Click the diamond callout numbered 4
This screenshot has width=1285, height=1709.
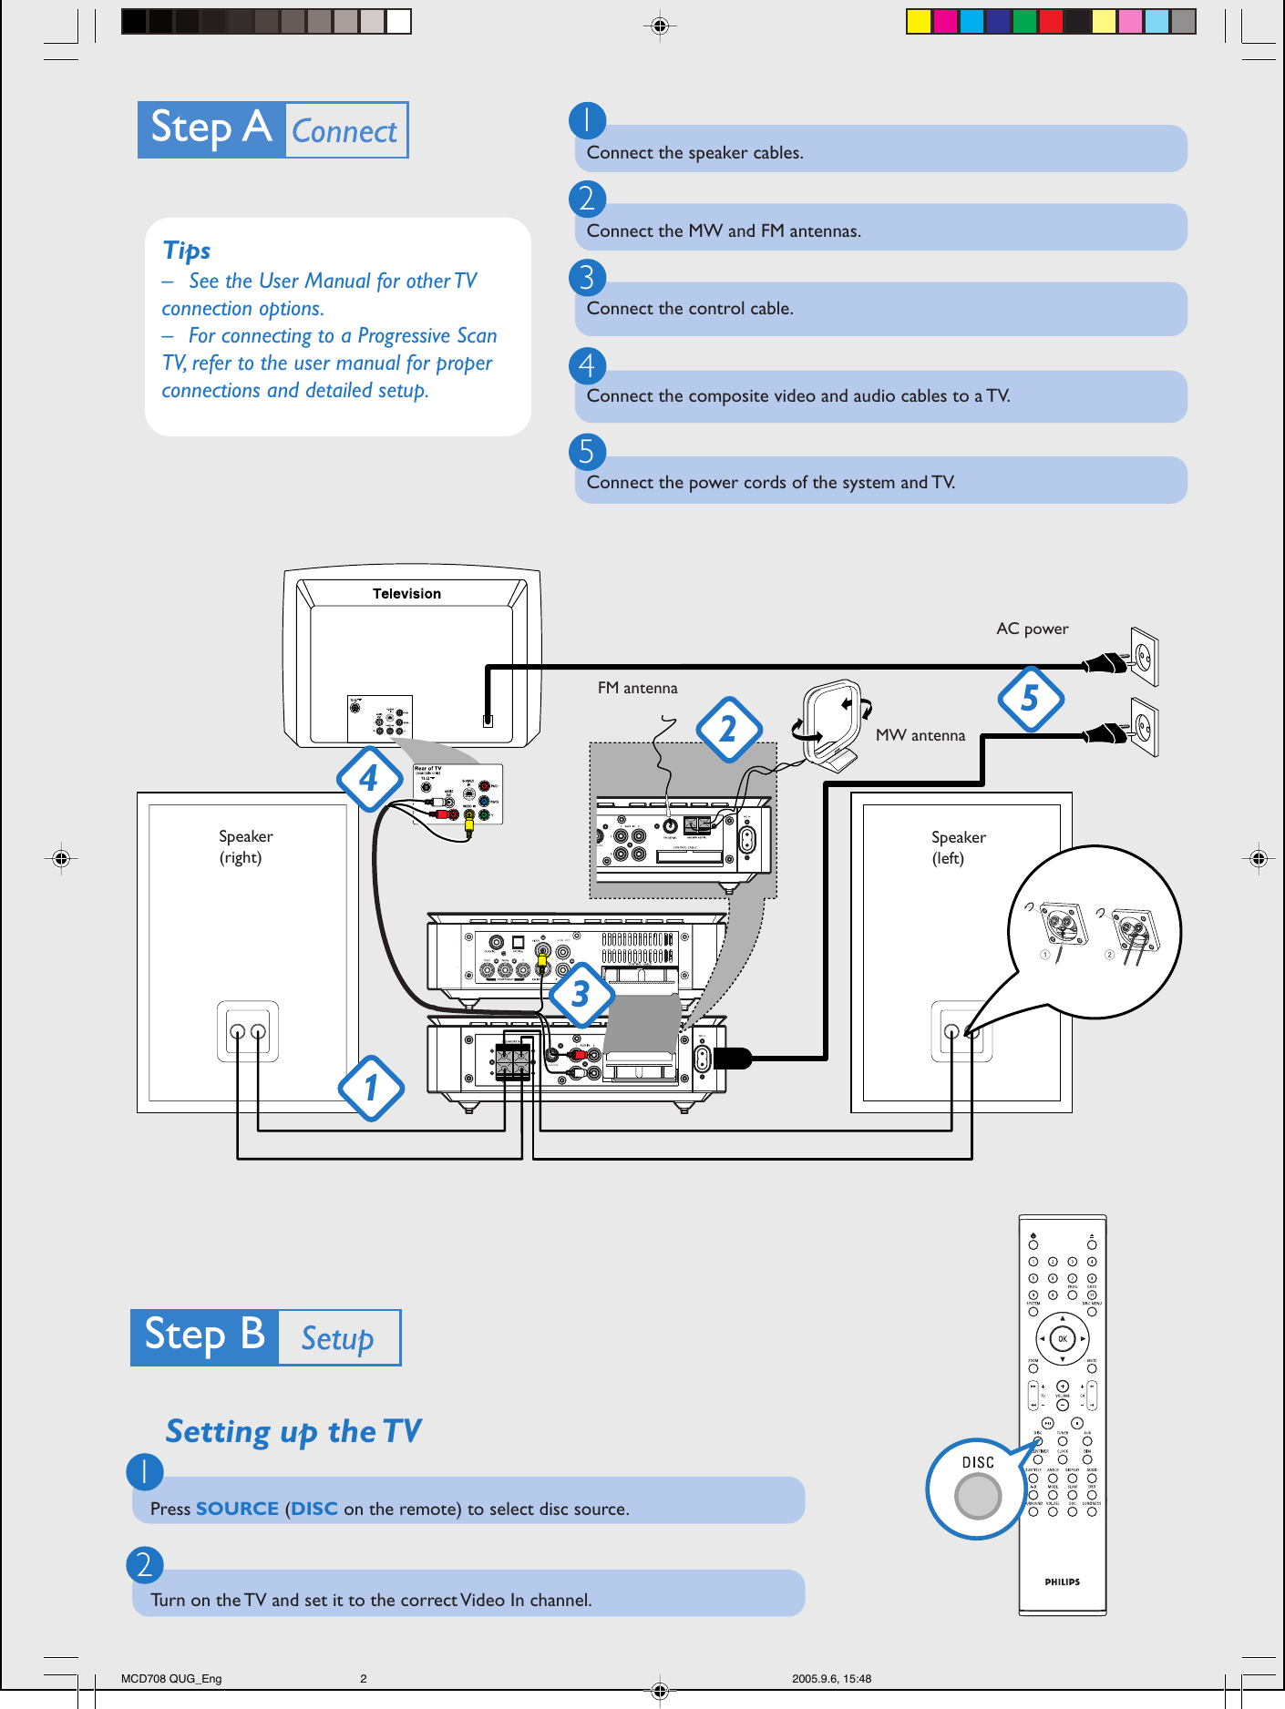(x=369, y=779)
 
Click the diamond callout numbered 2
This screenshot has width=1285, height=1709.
(x=728, y=729)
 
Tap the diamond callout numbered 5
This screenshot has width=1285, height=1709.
(x=1030, y=699)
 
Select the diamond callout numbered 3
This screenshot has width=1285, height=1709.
(x=581, y=994)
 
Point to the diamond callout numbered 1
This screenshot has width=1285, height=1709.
(x=371, y=1088)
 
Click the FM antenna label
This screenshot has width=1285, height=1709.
(x=637, y=688)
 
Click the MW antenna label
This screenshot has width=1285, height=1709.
(x=920, y=735)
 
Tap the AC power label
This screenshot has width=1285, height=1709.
(x=1032, y=629)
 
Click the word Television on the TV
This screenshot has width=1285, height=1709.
(x=406, y=593)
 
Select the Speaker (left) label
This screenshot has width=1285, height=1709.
(x=957, y=847)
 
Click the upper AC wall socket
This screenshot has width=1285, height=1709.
(x=1144, y=656)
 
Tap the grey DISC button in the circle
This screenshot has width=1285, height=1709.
(x=978, y=1496)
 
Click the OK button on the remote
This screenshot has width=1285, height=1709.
(x=1062, y=1338)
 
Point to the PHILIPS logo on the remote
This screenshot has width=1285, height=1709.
(x=1062, y=1581)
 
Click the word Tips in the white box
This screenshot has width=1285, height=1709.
(x=187, y=251)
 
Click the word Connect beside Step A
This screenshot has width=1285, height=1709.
(x=344, y=131)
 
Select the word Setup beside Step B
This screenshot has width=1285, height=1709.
(x=337, y=1338)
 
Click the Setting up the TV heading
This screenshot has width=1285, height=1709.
(x=293, y=1431)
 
